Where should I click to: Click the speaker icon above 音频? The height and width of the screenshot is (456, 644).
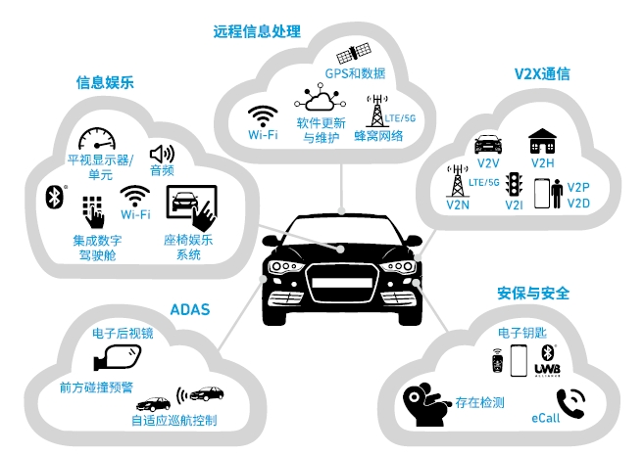click(161, 154)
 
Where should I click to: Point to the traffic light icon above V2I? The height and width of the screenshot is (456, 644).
click(513, 183)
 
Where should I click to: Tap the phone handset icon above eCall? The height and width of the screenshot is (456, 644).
click(570, 403)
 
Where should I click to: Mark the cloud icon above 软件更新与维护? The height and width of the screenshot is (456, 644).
click(320, 100)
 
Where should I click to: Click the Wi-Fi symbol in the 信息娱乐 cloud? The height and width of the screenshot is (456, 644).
click(135, 194)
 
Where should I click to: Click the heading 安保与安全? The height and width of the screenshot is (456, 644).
click(533, 293)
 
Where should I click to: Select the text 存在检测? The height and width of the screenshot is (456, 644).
click(479, 402)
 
